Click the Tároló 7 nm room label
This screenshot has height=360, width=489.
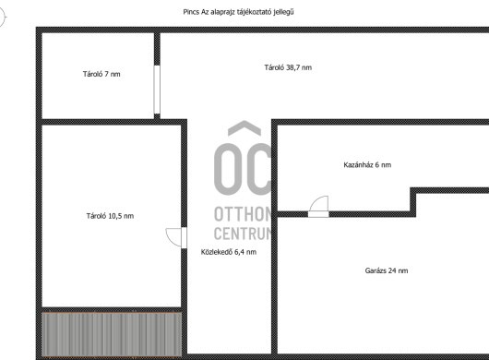(x=101, y=74)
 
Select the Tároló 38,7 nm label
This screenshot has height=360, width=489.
(x=288, y=67)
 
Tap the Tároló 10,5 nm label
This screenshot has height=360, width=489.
(x=110, y=216)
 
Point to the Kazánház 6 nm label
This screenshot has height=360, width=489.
(x=367, y=164)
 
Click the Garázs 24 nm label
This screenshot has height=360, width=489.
(x=387, y=270)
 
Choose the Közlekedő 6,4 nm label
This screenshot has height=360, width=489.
(x=229, y=252)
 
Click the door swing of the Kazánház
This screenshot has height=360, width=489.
(x=318, y=206)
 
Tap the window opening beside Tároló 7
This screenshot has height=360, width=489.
(x=157, y=90)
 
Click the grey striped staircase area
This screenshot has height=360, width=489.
(x=112, y=334)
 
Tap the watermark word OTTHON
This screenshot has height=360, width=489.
(x=243, y=214)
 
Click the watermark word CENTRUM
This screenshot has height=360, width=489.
(x=243, y=234)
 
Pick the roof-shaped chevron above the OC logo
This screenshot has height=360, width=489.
(x=244, y=128)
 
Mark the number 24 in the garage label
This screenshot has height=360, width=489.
(x=392, y=270)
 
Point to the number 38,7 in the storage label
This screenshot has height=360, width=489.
(x=293, y=67)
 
